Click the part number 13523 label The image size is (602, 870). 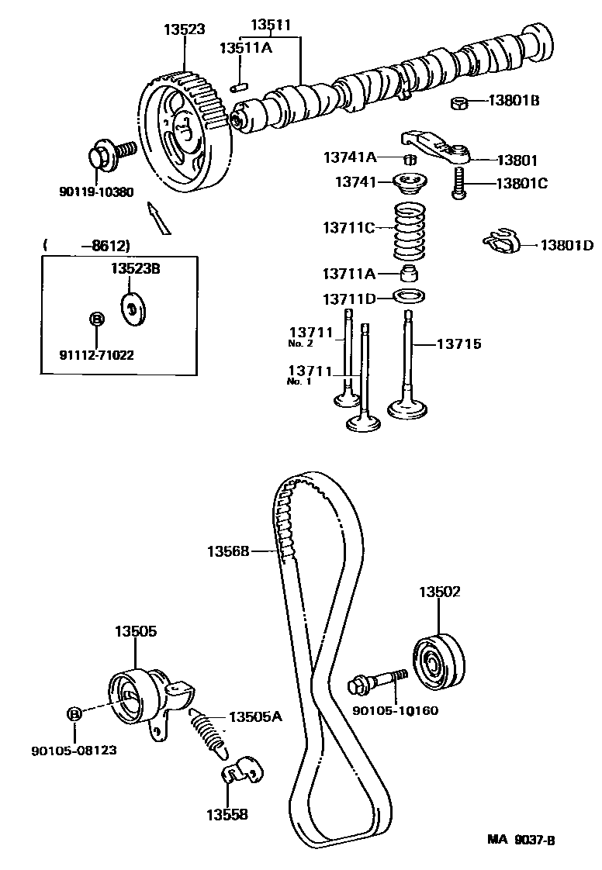(x=184, y=30)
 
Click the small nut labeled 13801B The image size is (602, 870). (x=458, y=102)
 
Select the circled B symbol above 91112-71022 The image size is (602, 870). (x=95, y=319)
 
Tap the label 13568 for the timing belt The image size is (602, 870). (x=227, y=551)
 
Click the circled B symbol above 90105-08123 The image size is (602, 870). (x=74, y=714)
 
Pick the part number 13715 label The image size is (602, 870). (x=458, y=343)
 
